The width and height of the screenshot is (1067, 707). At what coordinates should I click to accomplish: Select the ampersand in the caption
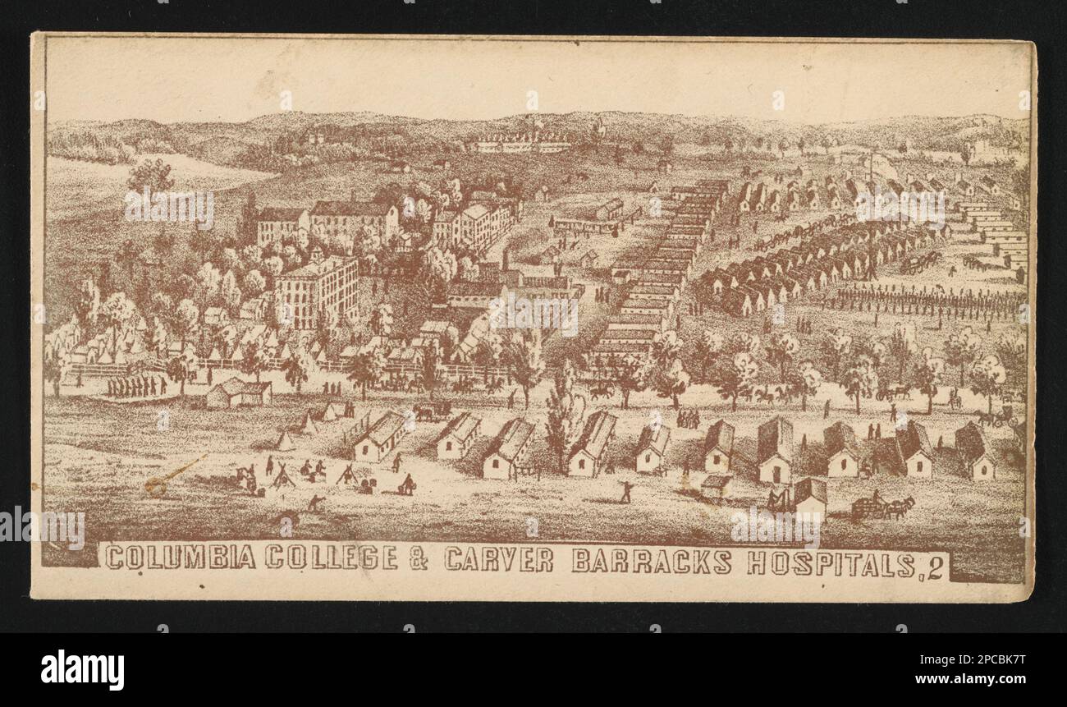419,558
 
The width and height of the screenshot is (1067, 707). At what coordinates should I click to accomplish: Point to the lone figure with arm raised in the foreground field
626,491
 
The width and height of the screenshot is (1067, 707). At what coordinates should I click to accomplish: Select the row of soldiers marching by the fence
136,386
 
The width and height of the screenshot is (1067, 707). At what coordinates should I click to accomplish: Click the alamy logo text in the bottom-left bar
82,668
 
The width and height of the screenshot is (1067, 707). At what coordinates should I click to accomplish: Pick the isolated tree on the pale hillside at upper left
150,175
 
